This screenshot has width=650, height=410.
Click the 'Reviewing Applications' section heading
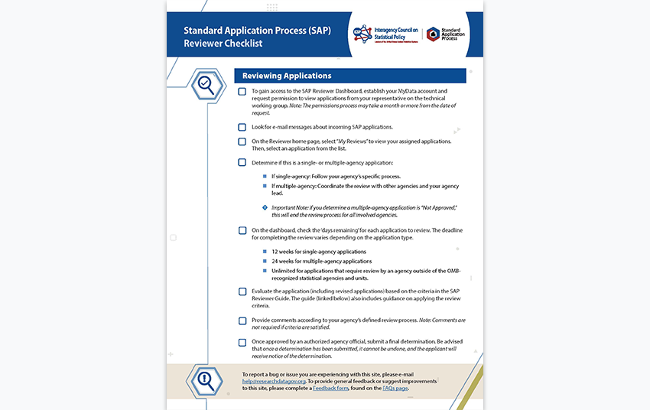click(x=287, y=76)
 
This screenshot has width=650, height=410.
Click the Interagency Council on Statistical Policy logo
click(x=385, y=34)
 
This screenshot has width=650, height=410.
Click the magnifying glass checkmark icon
click(x=205, y=83)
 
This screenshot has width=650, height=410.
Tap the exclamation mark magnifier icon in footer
click(x=205, y=379)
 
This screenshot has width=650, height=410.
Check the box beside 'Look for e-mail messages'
click(x=242, y=127)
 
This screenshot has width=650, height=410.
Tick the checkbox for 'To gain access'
click(x=242, y=92)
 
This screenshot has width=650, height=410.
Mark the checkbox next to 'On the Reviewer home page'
click(x=242, y=142)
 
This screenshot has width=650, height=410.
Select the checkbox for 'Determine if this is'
click(x=242, y=162)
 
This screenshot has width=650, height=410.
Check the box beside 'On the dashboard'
click(x=242, y=230)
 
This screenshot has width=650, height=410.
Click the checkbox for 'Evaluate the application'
click(x=242, y=291)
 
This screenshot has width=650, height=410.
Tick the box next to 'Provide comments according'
click(x=242, y=321)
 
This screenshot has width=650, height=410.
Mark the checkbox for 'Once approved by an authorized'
click(x=242, y=342)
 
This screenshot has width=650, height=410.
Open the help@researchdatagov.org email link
click(x=274, y=381)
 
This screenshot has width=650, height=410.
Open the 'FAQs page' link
click(x=395, y=389)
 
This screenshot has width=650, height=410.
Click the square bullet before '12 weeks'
click(x=265, y=252)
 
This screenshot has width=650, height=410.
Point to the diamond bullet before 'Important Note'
click(x=265, y=207)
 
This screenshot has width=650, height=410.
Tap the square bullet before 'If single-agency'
click(x=265, y=176)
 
